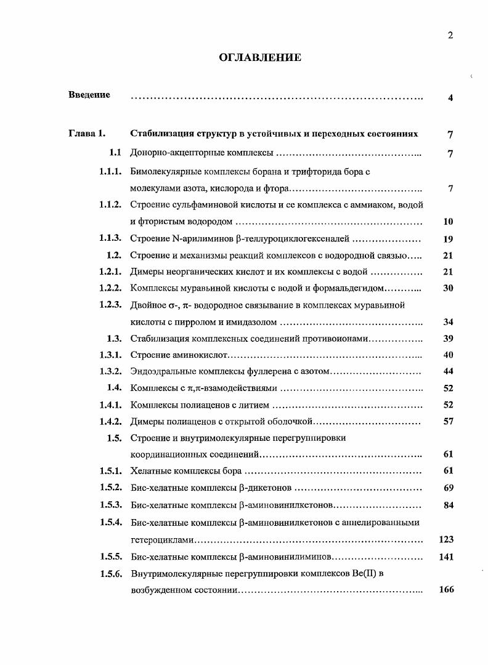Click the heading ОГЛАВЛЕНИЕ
(260, 58)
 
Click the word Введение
(89, 95)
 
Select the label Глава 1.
(87, 134)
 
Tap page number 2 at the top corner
(450, 35)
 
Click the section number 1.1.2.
(110, 204)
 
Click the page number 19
(448, 239)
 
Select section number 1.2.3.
(110, 305)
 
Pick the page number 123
(446, 539)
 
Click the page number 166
(446, 590)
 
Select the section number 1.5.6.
(110, 573)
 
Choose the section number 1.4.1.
(110, 405)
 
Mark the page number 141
(446, 557)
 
